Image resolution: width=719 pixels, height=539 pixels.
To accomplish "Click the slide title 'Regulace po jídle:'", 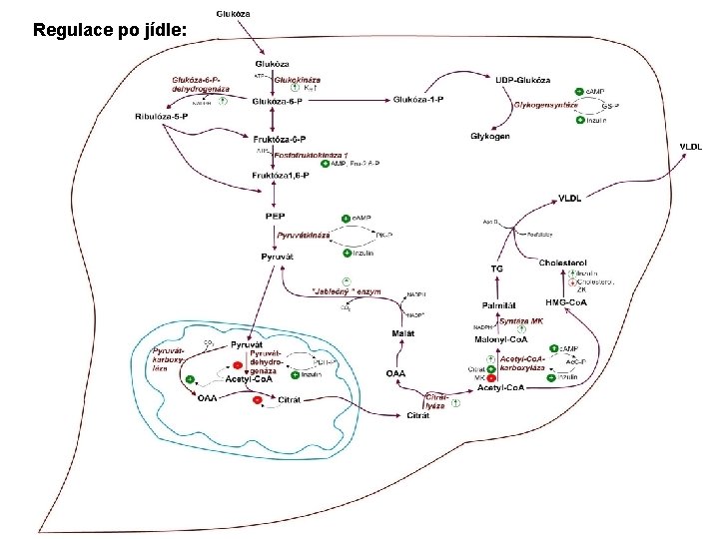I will tap(110, 30).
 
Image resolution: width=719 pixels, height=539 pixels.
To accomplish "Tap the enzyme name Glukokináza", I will tap(297, 78).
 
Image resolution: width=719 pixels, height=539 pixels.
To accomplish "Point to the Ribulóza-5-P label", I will tap(162, 118).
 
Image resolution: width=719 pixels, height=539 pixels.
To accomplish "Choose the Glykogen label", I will tap(489, 136).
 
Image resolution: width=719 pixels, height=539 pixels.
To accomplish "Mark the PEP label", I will tap(277, 216).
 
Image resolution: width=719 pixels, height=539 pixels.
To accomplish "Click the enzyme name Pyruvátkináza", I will tap(304, 235).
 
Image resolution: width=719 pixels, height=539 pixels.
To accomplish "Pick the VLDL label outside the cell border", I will tap(691, 147).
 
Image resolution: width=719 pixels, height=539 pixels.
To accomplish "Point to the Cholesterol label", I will tap(564, 263).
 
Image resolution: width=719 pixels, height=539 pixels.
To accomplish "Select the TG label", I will tap(496, 269).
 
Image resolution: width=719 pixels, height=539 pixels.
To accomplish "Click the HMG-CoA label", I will tap(566, 302).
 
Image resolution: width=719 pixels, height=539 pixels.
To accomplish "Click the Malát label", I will tap(403, 332).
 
